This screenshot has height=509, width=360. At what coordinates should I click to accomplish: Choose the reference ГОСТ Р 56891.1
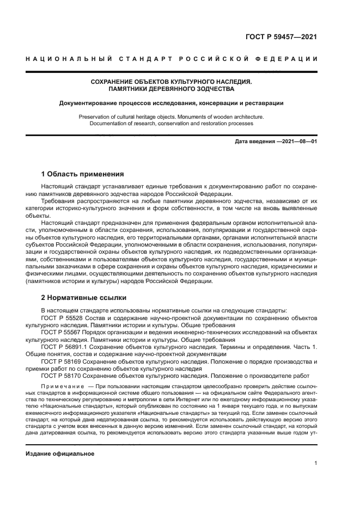pos(64,346)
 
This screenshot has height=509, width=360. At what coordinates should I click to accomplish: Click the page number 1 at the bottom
pos(315,463)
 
